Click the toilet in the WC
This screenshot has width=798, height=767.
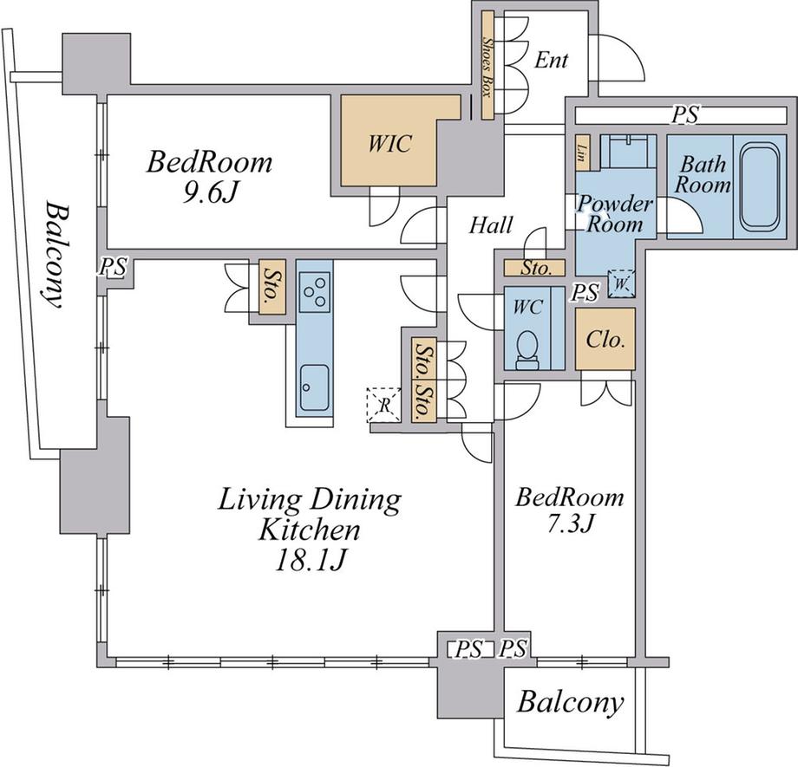coord(527,350)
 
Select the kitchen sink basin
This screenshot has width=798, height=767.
coord(314,387)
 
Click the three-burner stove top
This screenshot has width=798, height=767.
coord(315,292)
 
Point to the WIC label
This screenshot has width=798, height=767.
coord(389,144)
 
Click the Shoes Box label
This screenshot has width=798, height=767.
coord(487,67)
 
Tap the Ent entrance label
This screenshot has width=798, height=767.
coord(551,61)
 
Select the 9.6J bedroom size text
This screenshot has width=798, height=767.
coord(210,192)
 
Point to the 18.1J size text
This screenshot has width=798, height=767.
coord(311,561)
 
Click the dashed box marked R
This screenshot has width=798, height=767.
coord(383,406)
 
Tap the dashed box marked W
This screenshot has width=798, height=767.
coord(621,283)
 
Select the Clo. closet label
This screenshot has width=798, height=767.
coord(605,339)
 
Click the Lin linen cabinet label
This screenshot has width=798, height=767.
coord(582,152)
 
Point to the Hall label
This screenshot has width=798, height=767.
coord(491,225)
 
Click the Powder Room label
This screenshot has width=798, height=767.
coord(616,213)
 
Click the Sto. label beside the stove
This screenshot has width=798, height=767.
coord(271,286)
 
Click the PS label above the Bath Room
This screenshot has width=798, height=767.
coord(684,114)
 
